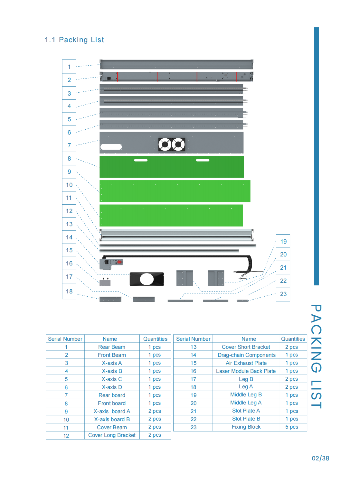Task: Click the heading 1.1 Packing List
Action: tap(74, 40)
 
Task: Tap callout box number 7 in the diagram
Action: tap(69, 145)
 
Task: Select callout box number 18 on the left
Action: tap(69, 291)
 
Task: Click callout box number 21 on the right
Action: tap(283, 267)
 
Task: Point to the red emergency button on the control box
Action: tap(119, 262)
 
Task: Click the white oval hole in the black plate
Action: tap(147, 279)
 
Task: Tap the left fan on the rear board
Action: tap(165, 144)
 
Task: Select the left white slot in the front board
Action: tap(141, 160)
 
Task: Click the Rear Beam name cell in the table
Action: tap(112, 347)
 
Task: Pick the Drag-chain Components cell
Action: tap(246, 355)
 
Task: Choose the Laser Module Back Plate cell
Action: tap(246, 371)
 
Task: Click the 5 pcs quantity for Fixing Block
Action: tap(292, 427)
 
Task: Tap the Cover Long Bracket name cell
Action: tap(112, 435)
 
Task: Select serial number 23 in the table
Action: tap(193, 427)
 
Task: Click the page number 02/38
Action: tap(320, 458)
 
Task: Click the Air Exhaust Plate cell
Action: tap(246, 363)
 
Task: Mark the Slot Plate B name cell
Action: tap(246, 419)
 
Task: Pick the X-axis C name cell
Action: tap(112, 379)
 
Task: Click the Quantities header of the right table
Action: tap(293, 339)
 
